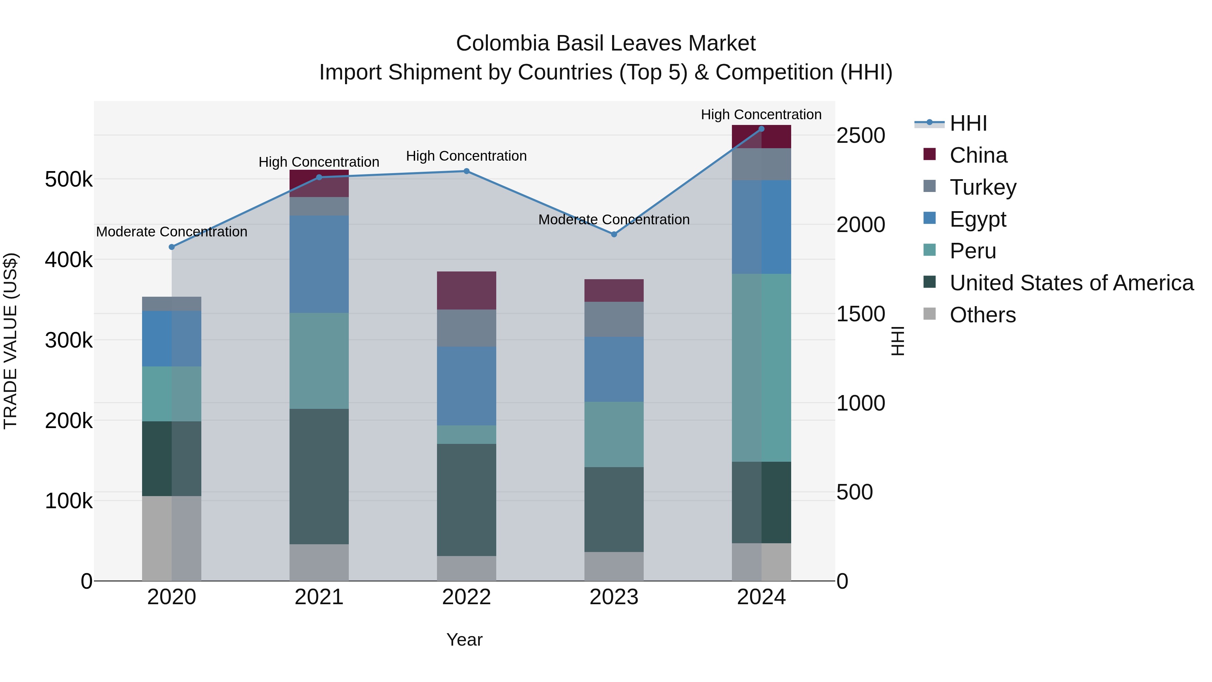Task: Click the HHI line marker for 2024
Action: coord(761,129)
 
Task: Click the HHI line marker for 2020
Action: coord(172,247)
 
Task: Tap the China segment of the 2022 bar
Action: coord(466,290)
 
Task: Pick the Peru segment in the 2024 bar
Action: coord(761,367)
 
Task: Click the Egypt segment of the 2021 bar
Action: coord(319,264)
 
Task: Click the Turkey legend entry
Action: coord(982,187)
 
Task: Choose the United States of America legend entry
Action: coord(1071,283)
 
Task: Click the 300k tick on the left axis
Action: coord(69,340)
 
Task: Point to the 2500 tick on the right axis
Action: coord(861,136)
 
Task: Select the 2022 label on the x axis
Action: coord(466,597)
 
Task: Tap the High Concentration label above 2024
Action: coord(761,115)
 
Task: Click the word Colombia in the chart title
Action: coord(503,44)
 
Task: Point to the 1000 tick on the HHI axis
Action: coord(861,403)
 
